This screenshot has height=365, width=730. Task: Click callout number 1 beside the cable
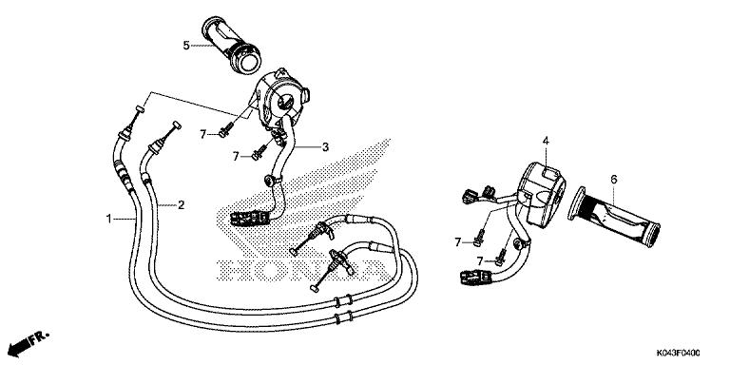pos(109,219)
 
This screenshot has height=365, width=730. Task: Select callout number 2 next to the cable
pos(182,204)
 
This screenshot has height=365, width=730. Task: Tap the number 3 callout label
pos(325,146)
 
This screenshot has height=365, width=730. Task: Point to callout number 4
pos(547,142)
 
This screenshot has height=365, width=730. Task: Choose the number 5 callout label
pos(186,45)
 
